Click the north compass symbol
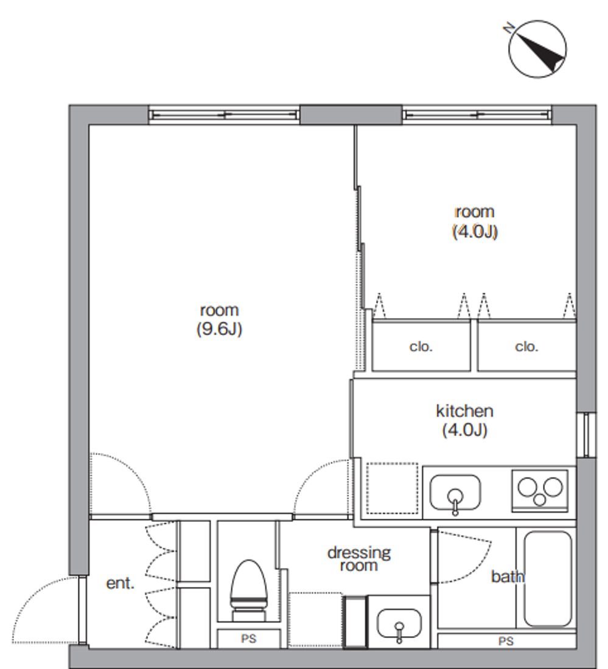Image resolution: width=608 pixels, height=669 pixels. click(x=537, y=49)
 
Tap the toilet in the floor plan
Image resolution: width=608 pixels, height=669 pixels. click(x=249, y=591)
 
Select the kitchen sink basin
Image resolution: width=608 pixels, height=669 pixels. click(x=455, y=493)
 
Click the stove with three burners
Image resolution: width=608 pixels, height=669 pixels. click(x=540, y=491)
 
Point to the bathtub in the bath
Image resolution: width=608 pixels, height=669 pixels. click(x=548, y=578)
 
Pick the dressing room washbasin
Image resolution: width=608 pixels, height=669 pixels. click(x=399, y=624)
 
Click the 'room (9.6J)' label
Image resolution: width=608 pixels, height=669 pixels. click(x=219, y=319)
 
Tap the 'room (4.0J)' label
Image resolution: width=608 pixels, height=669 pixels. click(x=475, y=222)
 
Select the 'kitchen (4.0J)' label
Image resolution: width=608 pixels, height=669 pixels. click(x=464, y=420)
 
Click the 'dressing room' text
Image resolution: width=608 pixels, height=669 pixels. click(x=359, y=560)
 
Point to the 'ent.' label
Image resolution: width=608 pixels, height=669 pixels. click(x=120, y=583)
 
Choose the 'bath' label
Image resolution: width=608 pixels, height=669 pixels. click(x=507, y=577)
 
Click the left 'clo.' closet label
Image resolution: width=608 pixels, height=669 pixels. click(x=421, y=347)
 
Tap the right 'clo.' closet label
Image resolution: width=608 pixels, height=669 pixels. click(x=526, y=347)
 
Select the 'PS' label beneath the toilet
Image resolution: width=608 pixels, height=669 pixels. click(x=248, y=639)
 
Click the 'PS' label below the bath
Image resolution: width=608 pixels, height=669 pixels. click(x=506, y=641)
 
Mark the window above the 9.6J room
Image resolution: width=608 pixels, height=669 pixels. click(x=224, y=115)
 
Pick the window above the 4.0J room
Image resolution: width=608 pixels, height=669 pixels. click(x=477, y=115)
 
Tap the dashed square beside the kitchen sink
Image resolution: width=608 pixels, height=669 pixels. click(x=393, y=488)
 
